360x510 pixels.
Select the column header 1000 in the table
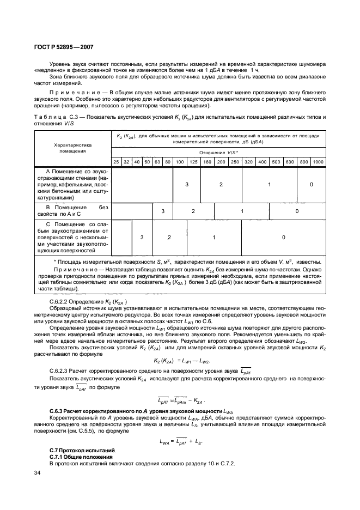(x=318, y=162)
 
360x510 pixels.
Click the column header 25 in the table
(x=116, y=162)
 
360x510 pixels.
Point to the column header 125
(x=193, y=162)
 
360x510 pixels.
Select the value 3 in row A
(x=186, y=185)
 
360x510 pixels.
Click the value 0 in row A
(x=311, y=185)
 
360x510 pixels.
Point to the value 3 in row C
(x=142, y=238)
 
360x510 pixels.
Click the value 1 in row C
(x=214, y=238)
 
